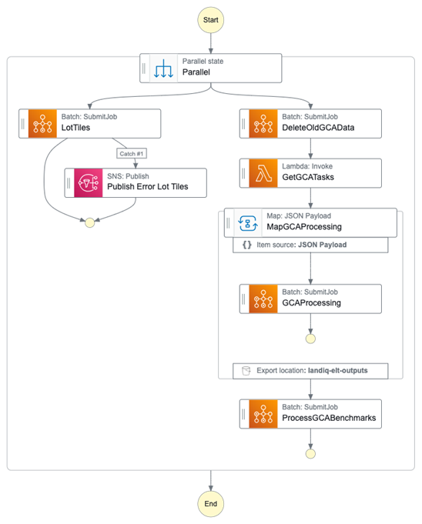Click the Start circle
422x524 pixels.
(x=211, y=19)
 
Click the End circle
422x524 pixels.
(x=211, y=504)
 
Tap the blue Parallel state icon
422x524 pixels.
(x=162, y=68)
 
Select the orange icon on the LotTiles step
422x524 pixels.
(x=42, y=124)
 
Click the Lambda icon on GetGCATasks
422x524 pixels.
(x=263, y=173)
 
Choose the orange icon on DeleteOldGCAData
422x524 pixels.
(x=263, y=124)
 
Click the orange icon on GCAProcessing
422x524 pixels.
(x=263, y=298)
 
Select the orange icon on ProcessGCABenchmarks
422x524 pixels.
(x=263, y=414)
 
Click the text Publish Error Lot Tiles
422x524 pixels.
(x=147, y=187)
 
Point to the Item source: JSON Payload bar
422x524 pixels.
(x=310, y=245)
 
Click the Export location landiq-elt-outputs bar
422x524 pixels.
(x=310, y=370)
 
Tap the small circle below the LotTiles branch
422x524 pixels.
(x=89, y=222)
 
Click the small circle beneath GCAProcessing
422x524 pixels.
(x=310, y=338)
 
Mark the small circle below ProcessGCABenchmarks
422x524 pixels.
(x=310, y=454)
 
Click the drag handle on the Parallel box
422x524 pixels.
(x=144, y=68)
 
